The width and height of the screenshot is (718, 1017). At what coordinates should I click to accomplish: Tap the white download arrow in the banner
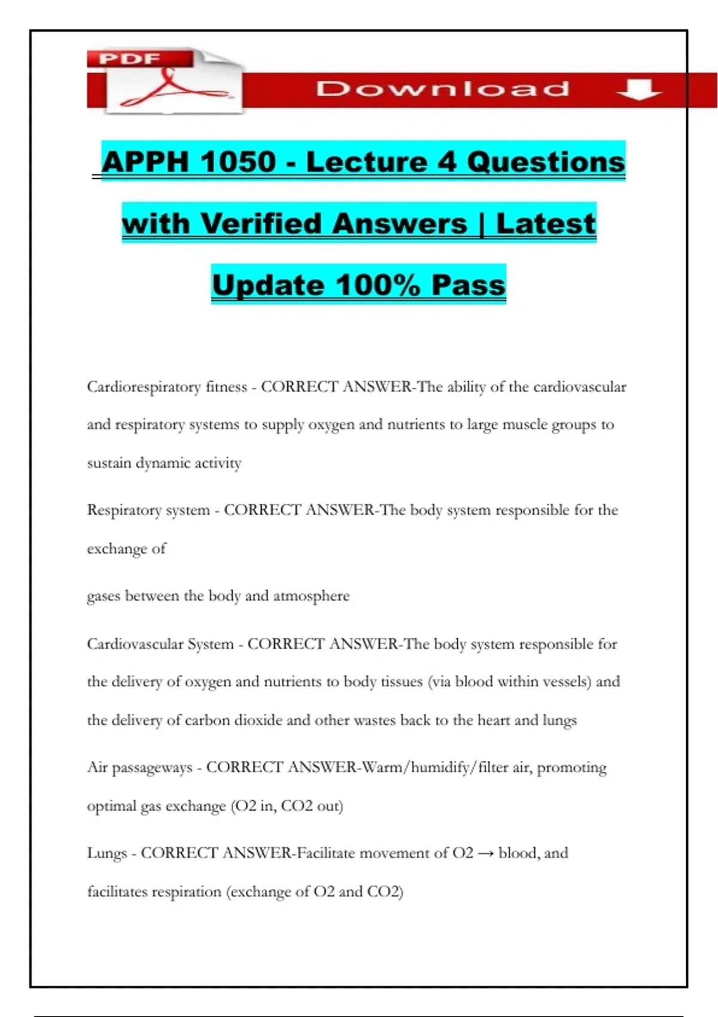[x=638, y=90]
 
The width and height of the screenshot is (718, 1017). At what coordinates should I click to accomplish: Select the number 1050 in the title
[x=238, y=162]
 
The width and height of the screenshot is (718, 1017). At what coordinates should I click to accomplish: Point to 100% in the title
[x=378, y=285]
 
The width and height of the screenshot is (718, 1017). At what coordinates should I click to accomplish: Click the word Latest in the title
[x=546, y=224]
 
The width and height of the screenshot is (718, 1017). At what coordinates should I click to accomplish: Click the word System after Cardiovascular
[x=210, y=644]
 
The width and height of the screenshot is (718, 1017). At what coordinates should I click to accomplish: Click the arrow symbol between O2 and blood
[x=486, y=854]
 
